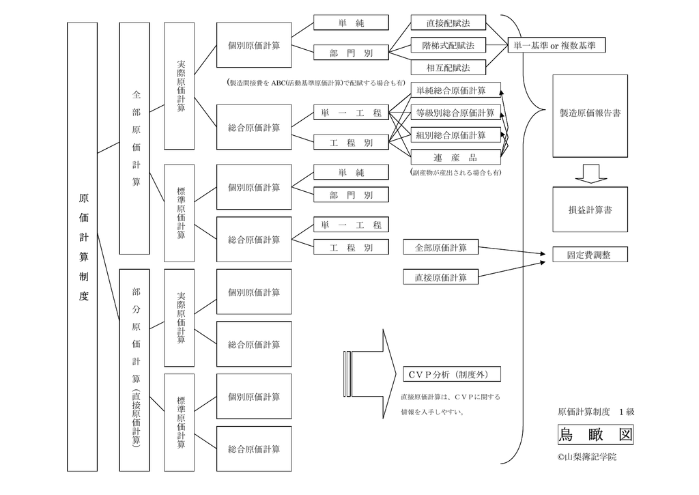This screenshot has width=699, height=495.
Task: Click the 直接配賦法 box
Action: tap(448, 23)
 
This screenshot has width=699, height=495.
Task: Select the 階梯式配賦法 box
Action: tap(448, 46)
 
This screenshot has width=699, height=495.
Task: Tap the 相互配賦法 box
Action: tap(448, 68)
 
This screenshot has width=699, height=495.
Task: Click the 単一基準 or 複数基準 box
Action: tap(556, 46)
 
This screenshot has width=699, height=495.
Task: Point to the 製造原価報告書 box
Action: tap(590, 113)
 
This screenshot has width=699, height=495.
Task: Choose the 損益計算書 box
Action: tap(590, 210)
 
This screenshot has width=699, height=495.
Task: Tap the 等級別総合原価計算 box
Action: tap(455, 113)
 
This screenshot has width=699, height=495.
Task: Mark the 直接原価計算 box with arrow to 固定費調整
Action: tap(440, 277)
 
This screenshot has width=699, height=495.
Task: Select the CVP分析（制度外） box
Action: tap(451, 374)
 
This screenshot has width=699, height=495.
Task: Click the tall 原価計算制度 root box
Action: tap(83, 246)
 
